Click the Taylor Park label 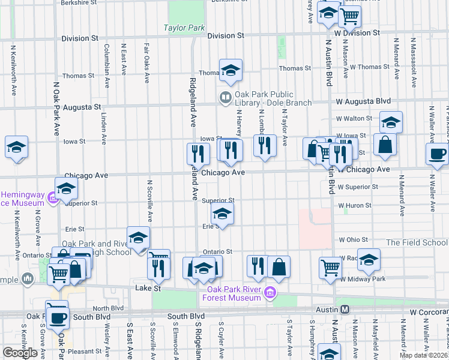pos(184,28)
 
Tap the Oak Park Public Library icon pos(226,96)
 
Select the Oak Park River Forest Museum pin pos(271,293)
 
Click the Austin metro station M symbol pos(345,309)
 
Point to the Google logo pos(20,353)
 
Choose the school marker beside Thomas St pos(231,71)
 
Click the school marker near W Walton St pos(391,122)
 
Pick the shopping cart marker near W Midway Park pos(330,268)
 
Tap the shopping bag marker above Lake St pos(279,266)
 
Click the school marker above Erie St pos(222,213)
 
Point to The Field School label pos(417,242)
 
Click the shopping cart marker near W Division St pos(349,16)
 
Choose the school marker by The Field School pos(369,259)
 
